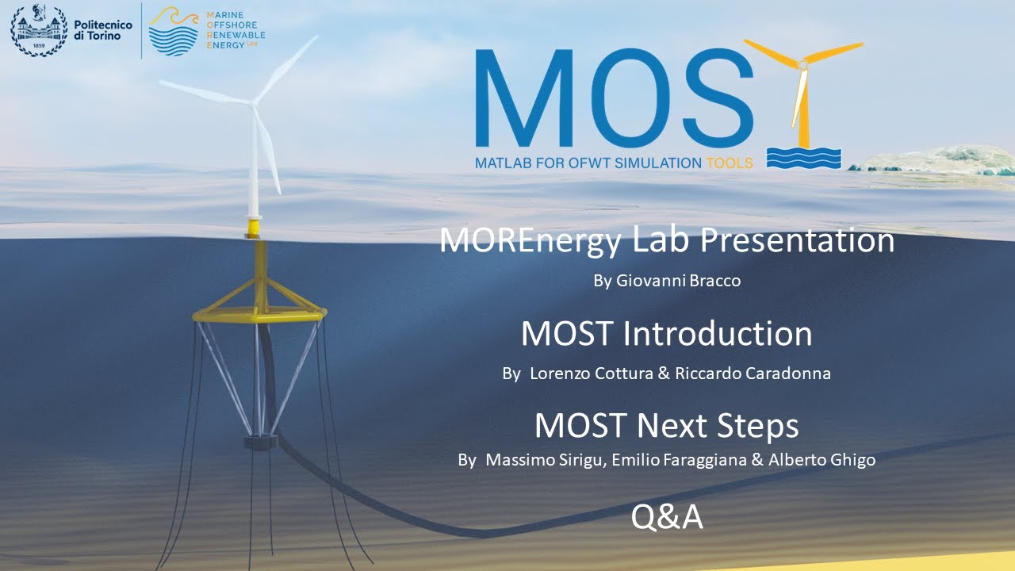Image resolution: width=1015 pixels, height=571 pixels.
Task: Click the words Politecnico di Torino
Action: (102, 31)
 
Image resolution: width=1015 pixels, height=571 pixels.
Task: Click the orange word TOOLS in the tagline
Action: (729, 163)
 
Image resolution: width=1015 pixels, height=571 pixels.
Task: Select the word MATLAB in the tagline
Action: (506, 163)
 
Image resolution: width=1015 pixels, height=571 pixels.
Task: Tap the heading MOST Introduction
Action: (666, 334)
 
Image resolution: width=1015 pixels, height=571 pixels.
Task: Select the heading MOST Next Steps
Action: (666, 426)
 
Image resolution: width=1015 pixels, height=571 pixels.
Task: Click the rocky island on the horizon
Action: (936, 159)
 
